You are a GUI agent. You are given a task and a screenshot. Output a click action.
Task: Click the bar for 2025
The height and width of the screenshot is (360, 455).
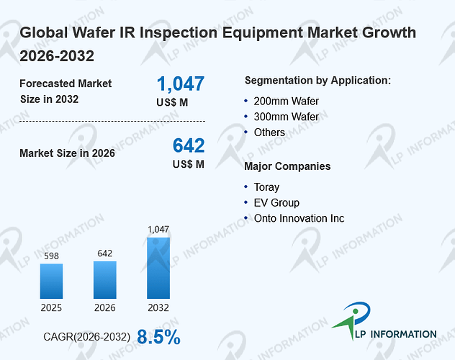click(x=51, y=281)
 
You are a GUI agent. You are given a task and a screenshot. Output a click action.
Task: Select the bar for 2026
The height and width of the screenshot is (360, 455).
click(x=105, y=280)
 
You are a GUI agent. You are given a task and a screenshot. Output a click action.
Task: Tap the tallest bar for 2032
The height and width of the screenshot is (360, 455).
click(x=158, y=268)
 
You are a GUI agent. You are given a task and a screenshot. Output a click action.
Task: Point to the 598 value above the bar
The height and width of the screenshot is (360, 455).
click(x=51, y=256)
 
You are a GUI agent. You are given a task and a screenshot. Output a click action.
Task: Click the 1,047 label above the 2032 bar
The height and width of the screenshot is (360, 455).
click(x=158, y=230)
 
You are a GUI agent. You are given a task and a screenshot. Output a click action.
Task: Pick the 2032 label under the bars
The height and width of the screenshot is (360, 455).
click(x=158, y=307)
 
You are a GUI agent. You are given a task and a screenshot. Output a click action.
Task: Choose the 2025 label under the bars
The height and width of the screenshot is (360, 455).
click(x=51, y=307)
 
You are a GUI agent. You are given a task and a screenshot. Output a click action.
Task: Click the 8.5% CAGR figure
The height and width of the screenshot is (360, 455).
click(x=158, y=337)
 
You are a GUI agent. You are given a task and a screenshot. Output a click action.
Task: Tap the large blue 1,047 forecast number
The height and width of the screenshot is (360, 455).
click(x=181, y=84)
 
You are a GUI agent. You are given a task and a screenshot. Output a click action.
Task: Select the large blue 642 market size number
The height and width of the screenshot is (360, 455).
click(x=189, y=145)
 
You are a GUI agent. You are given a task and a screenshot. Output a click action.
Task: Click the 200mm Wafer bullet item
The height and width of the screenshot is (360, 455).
click(x=286, y=102)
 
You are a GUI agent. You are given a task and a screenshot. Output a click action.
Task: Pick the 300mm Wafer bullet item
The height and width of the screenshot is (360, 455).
click(x=286, y=117)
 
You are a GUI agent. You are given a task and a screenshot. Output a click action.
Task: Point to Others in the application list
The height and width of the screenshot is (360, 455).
click(x=269, y=132)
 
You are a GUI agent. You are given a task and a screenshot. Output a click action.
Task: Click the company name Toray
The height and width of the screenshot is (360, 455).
click(x=266, y=187)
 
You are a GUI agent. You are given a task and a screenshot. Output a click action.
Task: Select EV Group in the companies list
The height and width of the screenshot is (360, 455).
click(x=276, y=203)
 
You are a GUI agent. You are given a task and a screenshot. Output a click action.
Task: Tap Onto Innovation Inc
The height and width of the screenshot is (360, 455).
click(x=299, y=218)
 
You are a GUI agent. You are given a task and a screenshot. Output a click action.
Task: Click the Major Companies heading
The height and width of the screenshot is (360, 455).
click(x=287, y=166)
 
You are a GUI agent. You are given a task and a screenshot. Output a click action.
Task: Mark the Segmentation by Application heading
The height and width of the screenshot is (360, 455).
click(x=317, y=81)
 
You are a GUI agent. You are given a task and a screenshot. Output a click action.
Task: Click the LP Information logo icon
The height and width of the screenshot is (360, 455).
click(x=351, y=319)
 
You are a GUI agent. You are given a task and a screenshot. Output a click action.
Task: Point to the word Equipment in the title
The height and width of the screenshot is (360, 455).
click(x=262, y=32)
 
